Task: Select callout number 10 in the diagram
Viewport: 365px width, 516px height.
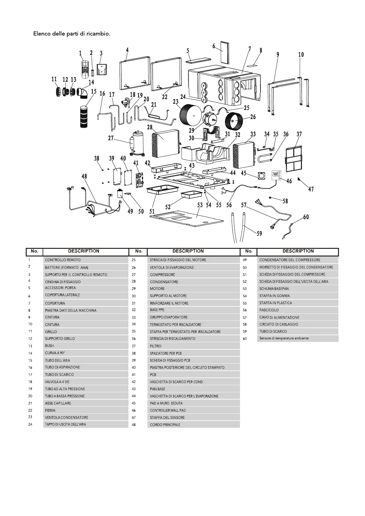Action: point(301,55)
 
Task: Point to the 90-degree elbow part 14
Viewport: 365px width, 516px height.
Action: point(82,93)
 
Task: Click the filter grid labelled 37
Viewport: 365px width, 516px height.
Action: point(294,159)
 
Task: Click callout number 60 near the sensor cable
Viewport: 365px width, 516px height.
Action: point(306,217)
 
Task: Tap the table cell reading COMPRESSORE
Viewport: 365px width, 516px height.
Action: point(162,275)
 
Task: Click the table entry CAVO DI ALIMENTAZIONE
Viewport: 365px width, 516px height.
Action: point(279,317)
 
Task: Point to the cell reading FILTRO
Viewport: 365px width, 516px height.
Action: point(156,346)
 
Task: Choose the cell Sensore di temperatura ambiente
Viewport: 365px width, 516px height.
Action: point(284,338)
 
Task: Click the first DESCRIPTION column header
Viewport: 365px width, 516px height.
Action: point(84,251)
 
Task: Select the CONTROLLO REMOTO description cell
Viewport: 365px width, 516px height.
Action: point(63,260)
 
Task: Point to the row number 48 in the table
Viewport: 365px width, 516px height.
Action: point(134,425)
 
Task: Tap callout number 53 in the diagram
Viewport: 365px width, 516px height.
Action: point(200,205)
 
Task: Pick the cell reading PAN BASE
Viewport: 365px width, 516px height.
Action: point(158,389)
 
